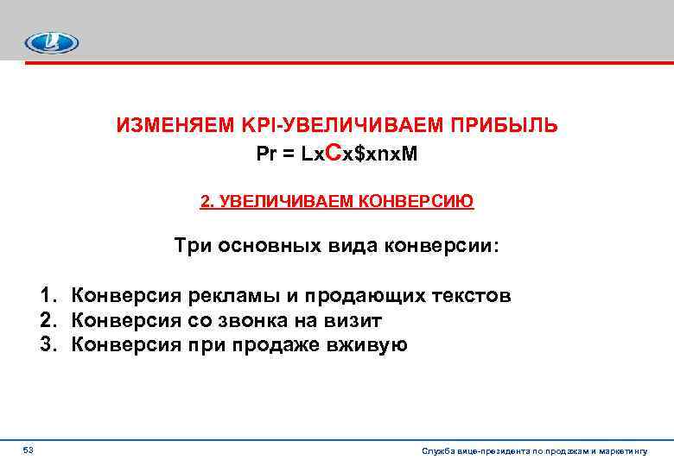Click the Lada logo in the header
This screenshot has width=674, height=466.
[51, 42]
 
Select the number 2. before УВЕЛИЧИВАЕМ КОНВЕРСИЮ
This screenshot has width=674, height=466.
[207, 201]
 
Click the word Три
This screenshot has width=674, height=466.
[192, 246]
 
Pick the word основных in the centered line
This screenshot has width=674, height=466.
[264, 246]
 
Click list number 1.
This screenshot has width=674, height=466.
[45, 296]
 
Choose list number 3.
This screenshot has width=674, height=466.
[45, 345]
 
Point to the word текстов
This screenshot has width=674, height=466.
[472, 296]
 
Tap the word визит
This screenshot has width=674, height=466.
[356, 321]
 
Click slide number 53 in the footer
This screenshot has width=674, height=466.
[28, 450]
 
